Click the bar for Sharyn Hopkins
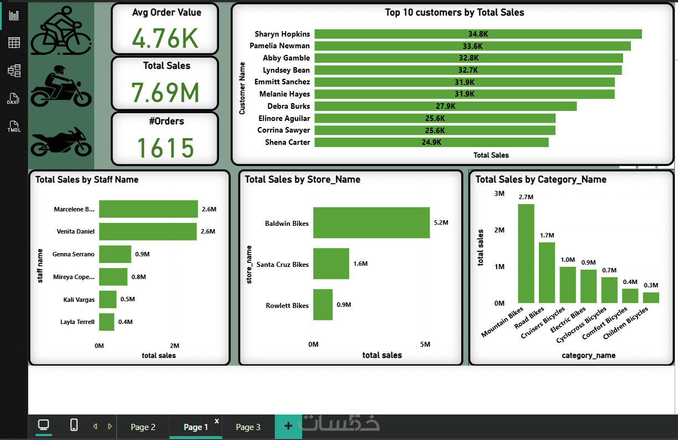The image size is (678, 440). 478,34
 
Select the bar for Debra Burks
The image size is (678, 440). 446,106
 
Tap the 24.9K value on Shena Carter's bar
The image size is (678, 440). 431,142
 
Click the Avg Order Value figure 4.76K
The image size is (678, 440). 165,38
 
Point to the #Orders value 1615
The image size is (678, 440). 165,148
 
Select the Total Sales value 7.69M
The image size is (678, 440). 165,93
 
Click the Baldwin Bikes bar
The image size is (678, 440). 371,222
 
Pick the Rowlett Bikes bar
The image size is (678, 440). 323,305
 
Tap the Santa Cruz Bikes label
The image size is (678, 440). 282,265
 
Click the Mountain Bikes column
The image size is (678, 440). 526,254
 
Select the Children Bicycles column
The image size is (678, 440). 651,297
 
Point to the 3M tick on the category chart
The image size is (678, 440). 499,193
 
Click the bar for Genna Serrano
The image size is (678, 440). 115,254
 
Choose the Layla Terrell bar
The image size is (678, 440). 106,322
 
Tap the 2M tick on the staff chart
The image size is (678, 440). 175,346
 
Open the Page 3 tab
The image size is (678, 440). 248,427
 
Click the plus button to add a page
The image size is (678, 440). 288,426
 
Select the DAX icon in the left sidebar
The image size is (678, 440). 13,99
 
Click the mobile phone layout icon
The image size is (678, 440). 74,424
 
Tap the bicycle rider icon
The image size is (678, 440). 61,31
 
